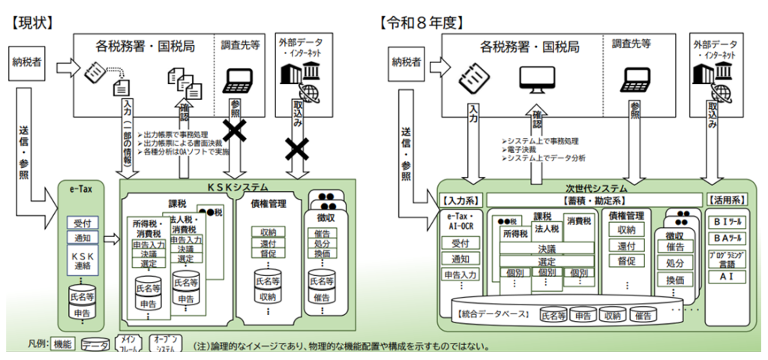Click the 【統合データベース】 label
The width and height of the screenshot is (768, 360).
494,314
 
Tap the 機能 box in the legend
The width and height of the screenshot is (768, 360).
62,344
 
